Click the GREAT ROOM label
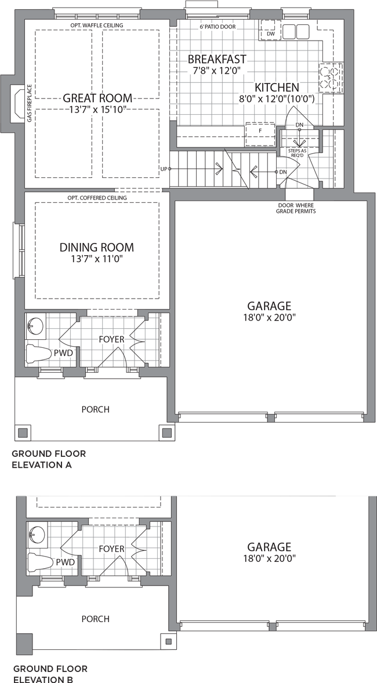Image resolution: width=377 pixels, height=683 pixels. pos(97,97)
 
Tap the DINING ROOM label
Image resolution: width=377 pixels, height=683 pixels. pos(97,248)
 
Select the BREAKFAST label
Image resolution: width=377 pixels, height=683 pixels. pos(217,59)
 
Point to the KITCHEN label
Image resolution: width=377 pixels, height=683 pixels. pos(277,87)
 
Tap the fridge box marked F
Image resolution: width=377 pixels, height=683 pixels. pos(260,134)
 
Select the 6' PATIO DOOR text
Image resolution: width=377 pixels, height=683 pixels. pos(217,27)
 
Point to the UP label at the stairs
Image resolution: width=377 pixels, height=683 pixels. pos(164,169)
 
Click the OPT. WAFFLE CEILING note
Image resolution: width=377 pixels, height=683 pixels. pos(97,26)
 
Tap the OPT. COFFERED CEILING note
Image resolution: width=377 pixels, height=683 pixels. pos(97,198)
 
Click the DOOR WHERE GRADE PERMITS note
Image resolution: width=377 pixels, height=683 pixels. pos(296,208)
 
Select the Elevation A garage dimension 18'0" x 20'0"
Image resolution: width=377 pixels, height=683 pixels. pos(269,318)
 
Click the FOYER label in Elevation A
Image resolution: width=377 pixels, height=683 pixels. pos(111,339)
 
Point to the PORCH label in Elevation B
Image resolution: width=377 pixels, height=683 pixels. pos(96,619)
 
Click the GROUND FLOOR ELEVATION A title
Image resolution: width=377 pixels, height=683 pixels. pos(49,459)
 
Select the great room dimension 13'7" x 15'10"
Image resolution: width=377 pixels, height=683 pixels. pos(97,109)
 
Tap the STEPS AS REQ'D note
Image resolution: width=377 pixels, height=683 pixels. pos(298,152)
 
